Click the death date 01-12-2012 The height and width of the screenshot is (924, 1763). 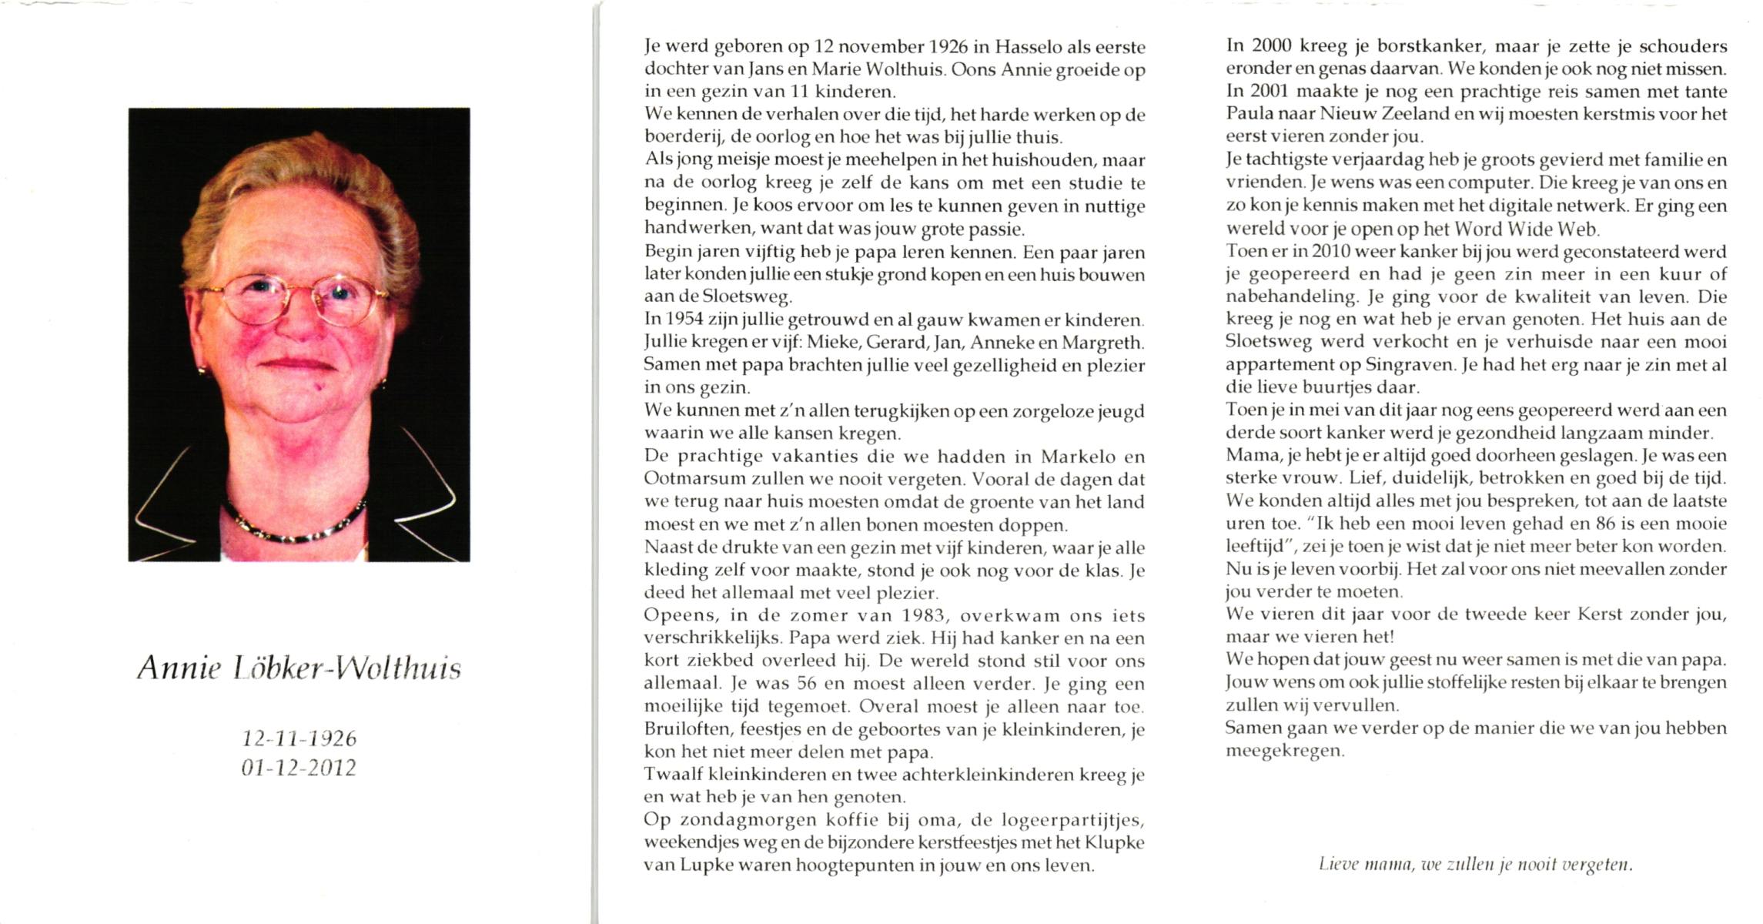[x=299, y=768]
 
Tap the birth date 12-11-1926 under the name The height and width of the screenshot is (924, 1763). [x=299, y=738]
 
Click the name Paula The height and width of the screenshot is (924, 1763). [x=1248, y=115]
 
